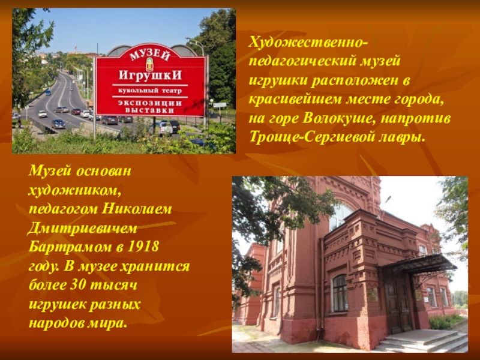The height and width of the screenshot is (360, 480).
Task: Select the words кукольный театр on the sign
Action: coord(149,92)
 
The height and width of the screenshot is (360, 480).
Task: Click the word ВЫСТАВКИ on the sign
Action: coord(149,110)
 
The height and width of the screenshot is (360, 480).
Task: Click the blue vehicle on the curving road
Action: coord(58,124)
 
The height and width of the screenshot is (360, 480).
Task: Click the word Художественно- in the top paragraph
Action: coord(308,43)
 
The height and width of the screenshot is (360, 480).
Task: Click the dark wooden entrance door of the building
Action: coord(397,306)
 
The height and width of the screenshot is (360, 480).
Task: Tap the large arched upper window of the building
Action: coord(340,216)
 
